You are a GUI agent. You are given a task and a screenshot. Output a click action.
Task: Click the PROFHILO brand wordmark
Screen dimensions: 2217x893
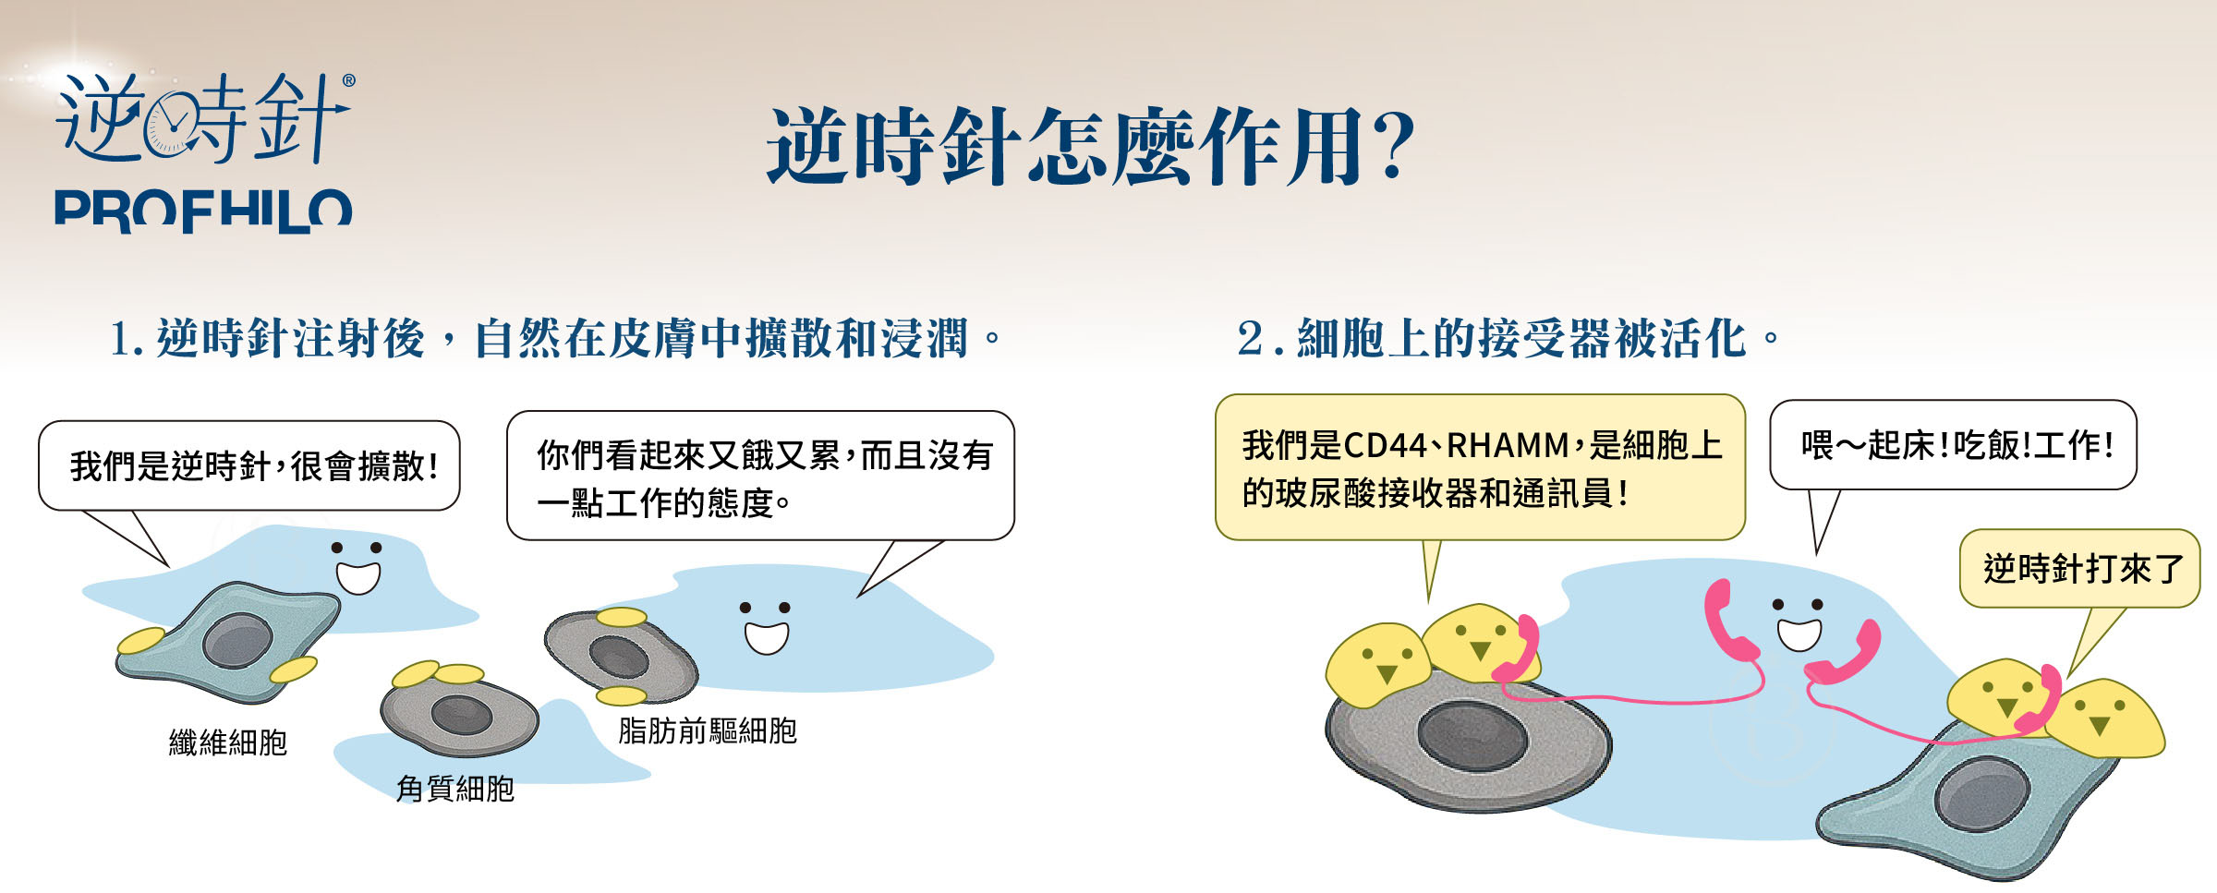[203, 211]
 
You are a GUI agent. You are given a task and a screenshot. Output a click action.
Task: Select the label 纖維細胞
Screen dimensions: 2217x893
[228, 742]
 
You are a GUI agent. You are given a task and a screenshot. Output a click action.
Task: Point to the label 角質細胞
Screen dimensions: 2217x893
[454, 789]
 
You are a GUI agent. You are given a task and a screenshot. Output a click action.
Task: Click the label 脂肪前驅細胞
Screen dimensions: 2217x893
[708, 730]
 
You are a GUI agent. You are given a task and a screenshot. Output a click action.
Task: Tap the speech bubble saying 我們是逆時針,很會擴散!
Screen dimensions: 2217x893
[249, 465]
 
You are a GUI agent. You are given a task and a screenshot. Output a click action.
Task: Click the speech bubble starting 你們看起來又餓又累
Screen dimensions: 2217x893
[760, 476]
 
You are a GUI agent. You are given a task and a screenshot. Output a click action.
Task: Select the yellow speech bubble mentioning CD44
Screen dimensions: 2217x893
[1480, 467]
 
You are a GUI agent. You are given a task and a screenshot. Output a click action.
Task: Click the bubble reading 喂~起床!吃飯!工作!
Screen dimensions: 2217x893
[1953, 445]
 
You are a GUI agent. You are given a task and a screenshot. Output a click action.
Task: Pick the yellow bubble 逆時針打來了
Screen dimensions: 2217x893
[2079, 568]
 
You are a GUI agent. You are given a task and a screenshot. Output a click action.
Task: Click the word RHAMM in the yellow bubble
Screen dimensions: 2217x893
[1508, 446]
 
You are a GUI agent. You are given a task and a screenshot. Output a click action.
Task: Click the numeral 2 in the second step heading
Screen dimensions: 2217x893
[1250, 338]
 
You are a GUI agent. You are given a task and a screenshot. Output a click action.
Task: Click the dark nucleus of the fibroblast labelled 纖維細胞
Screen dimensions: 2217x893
[237, 640]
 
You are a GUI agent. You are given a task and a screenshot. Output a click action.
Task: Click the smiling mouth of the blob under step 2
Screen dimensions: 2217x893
[1799, 634]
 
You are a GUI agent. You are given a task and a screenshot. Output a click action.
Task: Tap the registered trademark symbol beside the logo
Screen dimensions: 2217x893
[348, 80]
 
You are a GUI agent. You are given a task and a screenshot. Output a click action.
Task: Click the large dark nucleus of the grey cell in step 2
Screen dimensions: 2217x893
[1472, 735]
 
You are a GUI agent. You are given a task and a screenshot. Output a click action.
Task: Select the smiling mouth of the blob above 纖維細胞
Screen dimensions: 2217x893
[357, 577]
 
